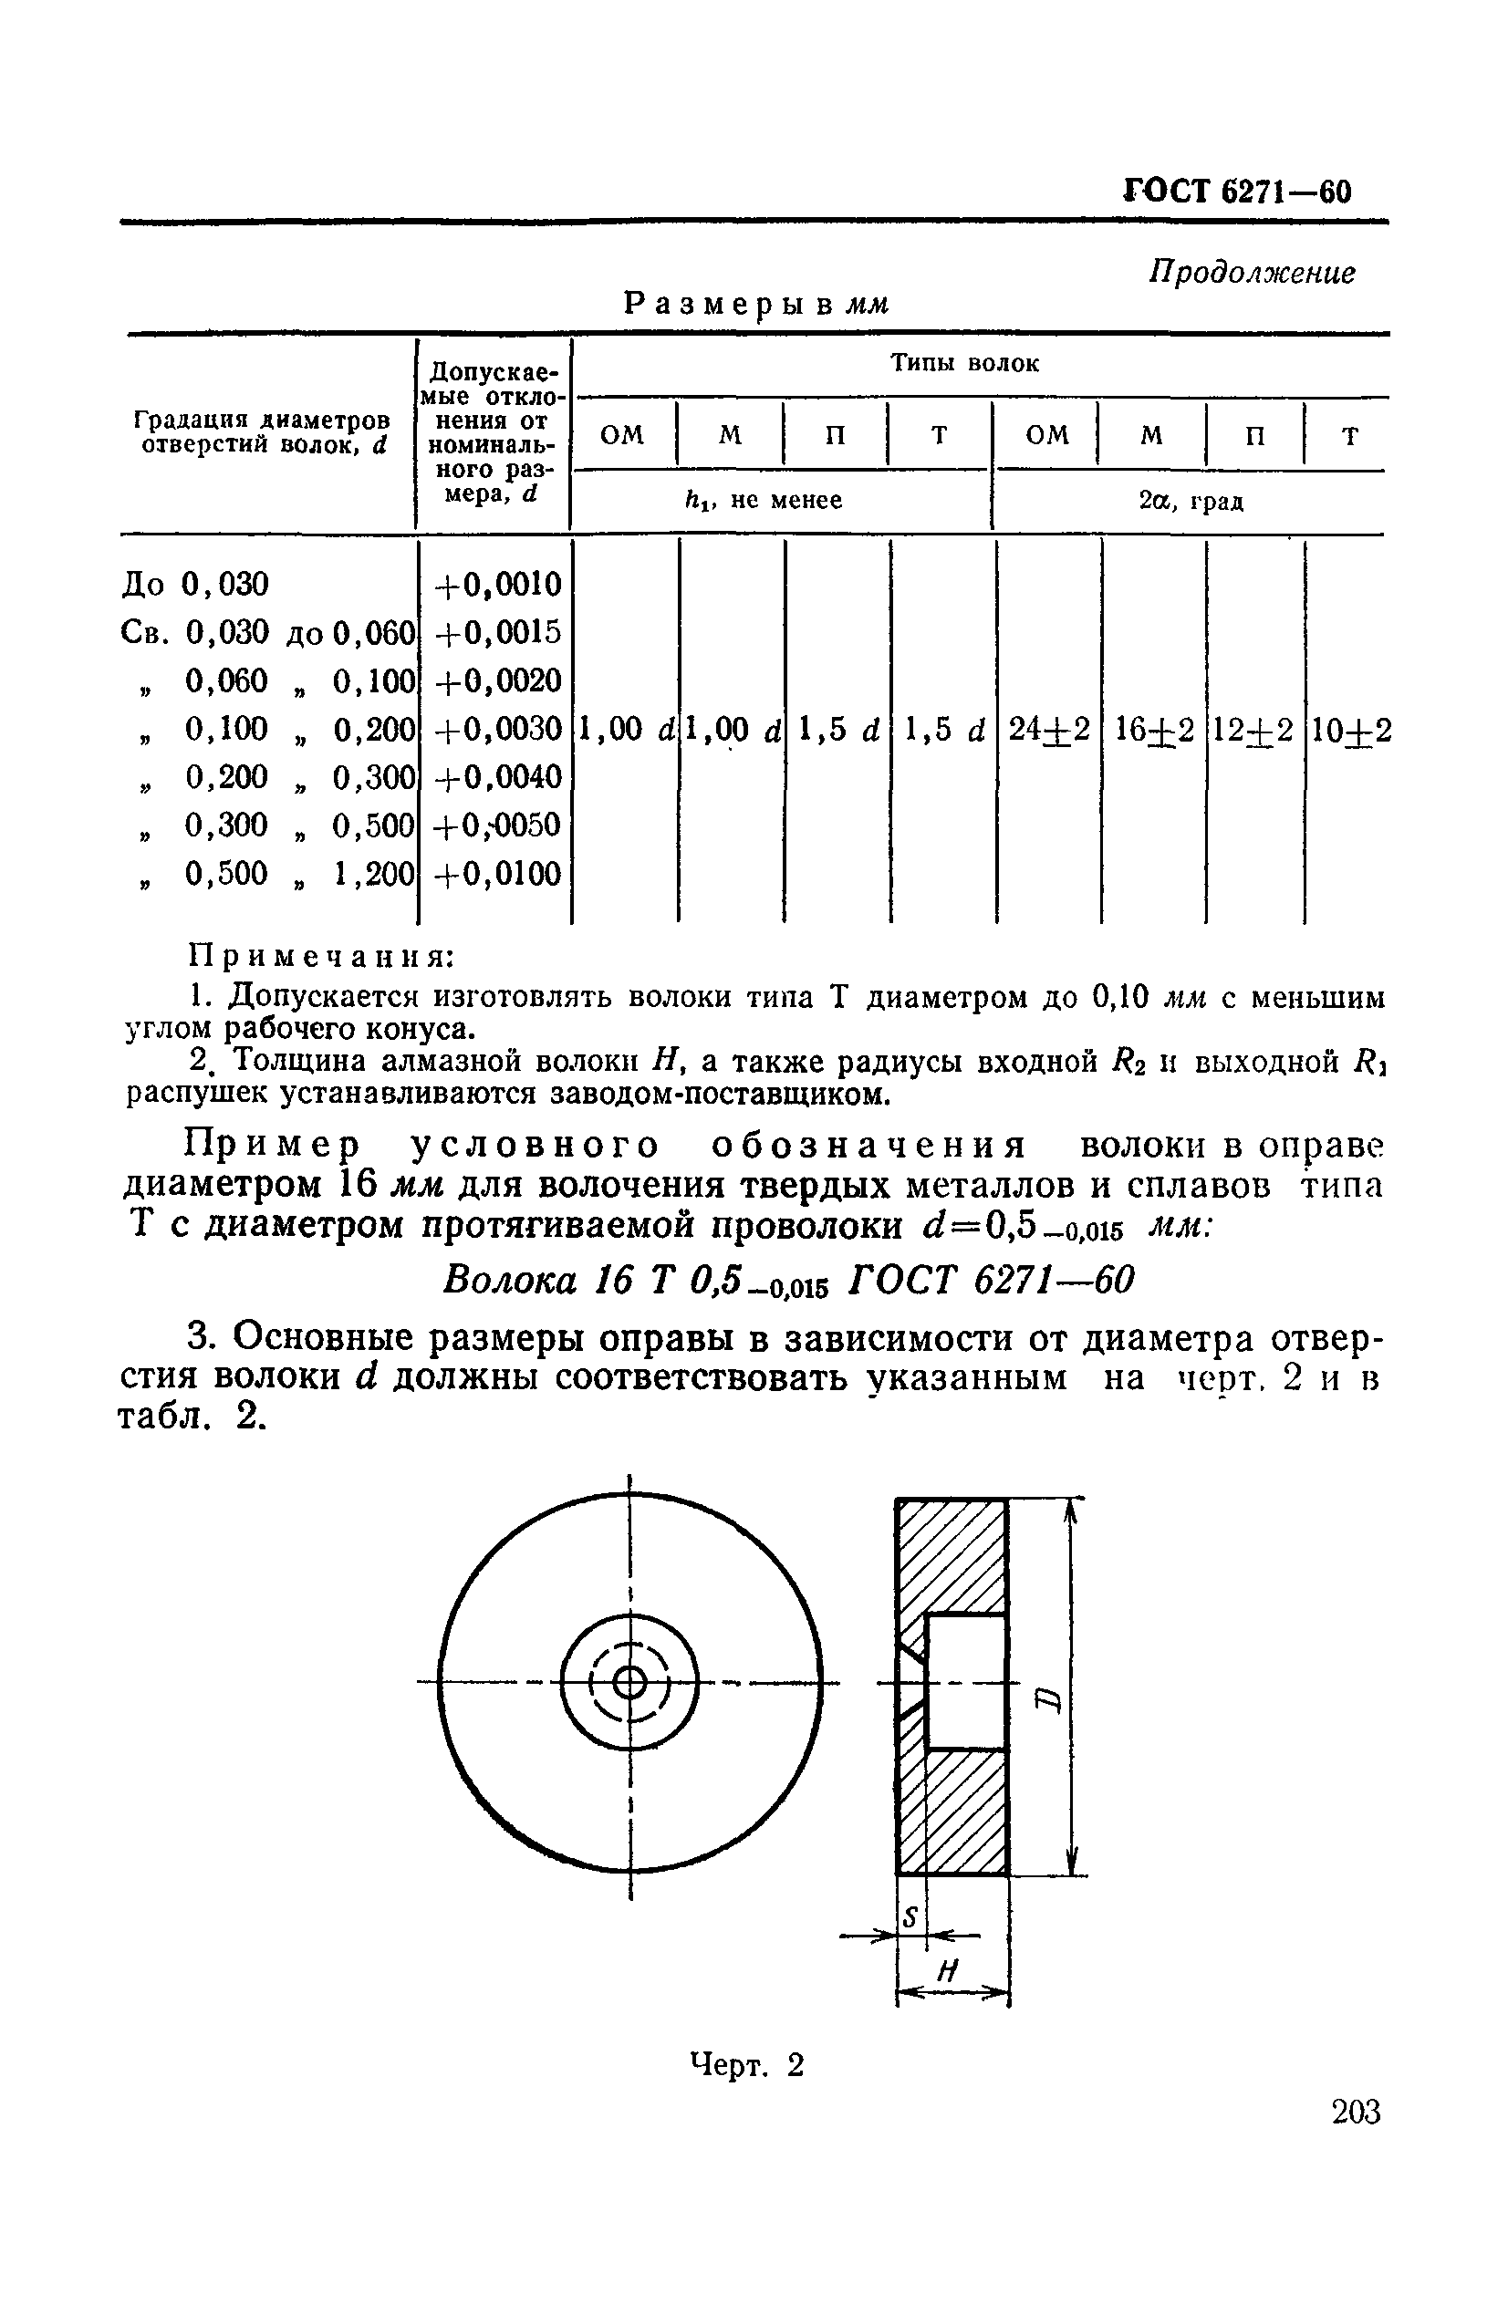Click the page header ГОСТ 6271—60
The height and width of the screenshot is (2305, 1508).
click(x=1237, y=191)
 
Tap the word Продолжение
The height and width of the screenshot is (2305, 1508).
click(x=1252, y=273)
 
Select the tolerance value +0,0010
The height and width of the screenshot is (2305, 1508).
click(x=498, y=585)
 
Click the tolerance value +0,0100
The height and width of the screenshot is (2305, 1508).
click(x=498, y=875)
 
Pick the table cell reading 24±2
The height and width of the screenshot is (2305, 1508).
click(x=1049, y=730)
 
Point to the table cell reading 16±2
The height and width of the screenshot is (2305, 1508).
click(x=1153, y=730)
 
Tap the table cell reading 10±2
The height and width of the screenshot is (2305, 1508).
click(x=1350, y=730)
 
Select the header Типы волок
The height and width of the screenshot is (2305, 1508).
click(x=964, y=364)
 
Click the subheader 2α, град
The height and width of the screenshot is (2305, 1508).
click(x=1191, y=502)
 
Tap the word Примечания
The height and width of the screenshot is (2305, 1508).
click(x=319, y=957)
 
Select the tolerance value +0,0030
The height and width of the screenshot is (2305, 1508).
click(x=498, y=730)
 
